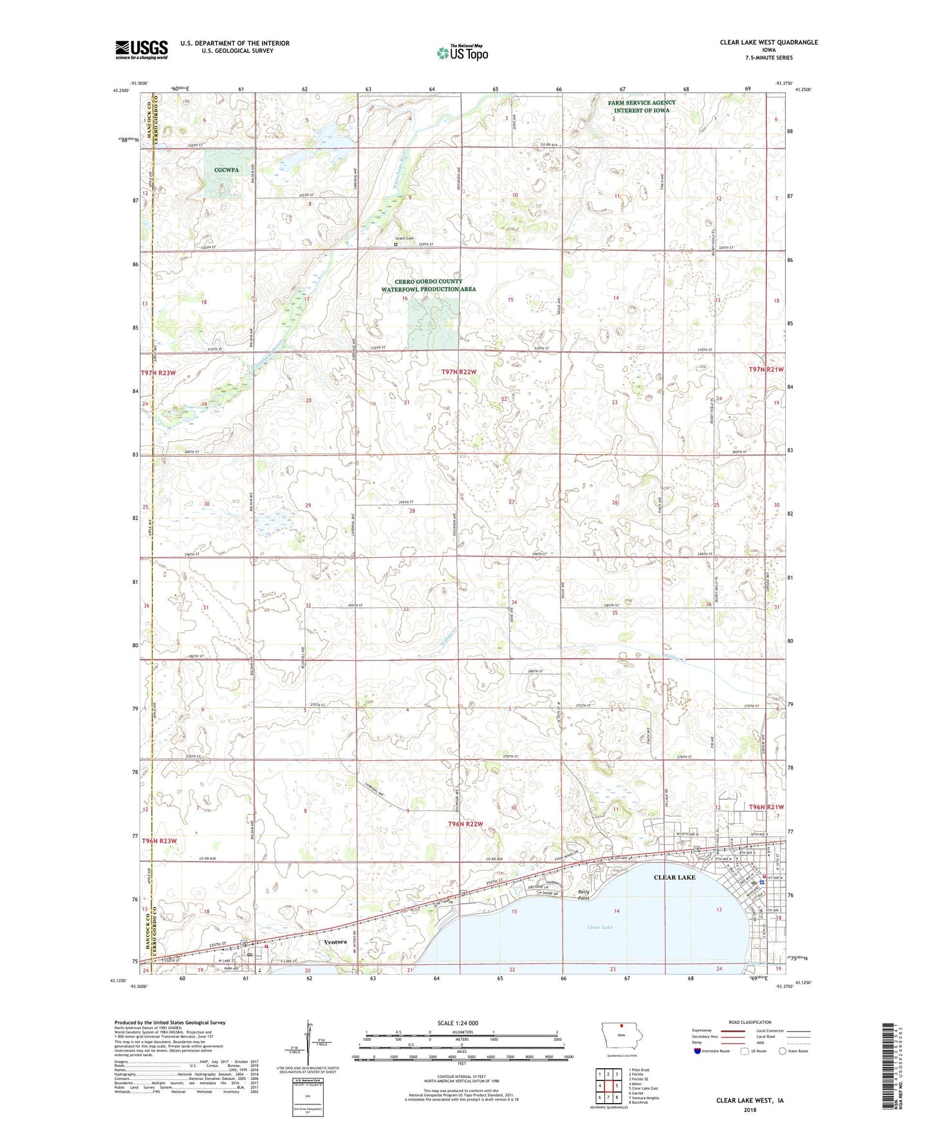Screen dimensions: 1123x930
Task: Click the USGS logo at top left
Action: click(x=142, y=50)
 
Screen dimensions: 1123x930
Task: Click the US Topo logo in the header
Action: click(x=461, y=53)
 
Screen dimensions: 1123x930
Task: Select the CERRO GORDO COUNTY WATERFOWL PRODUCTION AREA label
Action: click(x=429, y=286)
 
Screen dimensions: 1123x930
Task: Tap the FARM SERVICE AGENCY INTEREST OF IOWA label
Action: click(x=642, y=106)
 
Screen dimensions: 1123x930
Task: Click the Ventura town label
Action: click(x=336, y=942)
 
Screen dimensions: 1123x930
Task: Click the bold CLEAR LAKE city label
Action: click(x=674, y=877)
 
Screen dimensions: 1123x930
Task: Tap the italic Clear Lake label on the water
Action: click(x=600, y=927)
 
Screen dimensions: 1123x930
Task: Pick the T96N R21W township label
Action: click(x=766, y=807)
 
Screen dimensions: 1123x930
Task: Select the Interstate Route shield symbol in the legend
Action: click(x=698, y=1050)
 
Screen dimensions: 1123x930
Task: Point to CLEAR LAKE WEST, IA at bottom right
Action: click(x=750, y=1100)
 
